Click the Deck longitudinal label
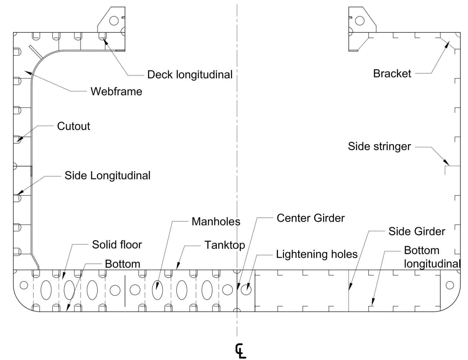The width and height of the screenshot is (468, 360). pyautogui.click(x=190, y=75)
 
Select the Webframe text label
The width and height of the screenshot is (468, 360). pyautogui.click(x=116, y=91)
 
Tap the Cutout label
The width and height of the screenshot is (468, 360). pyautogui.click(x=73, y=126)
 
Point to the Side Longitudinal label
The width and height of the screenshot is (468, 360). pyautogui.click(x=107, y=176)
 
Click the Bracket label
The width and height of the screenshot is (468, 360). pyautogui.click(x=392, y=74)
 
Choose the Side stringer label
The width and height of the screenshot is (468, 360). pyautogui.click(x=379, y=146)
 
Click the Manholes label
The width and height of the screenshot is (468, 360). pyautogui.click(x=216, y=221)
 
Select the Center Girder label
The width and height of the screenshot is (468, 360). pyautogui.click(x=310, y=218)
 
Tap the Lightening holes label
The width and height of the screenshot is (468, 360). pyautogui.click(x=317, y=254)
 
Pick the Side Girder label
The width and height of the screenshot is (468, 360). pyautogui.click(x=417, y=231)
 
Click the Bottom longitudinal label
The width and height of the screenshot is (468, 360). pyautogui.click(x=431, y=257)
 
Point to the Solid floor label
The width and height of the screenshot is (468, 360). pyautogui.click(x=117, y=245)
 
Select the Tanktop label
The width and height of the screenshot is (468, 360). pyautogui.click(x=225, y=245)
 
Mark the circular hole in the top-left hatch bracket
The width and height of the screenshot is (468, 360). pyautogui.click(x=114, y=21)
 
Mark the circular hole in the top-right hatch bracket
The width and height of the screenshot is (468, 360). pyautogui.click(x=360, y=21)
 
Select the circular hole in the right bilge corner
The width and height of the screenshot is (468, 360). pyautogui.click(x=449, y=285)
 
